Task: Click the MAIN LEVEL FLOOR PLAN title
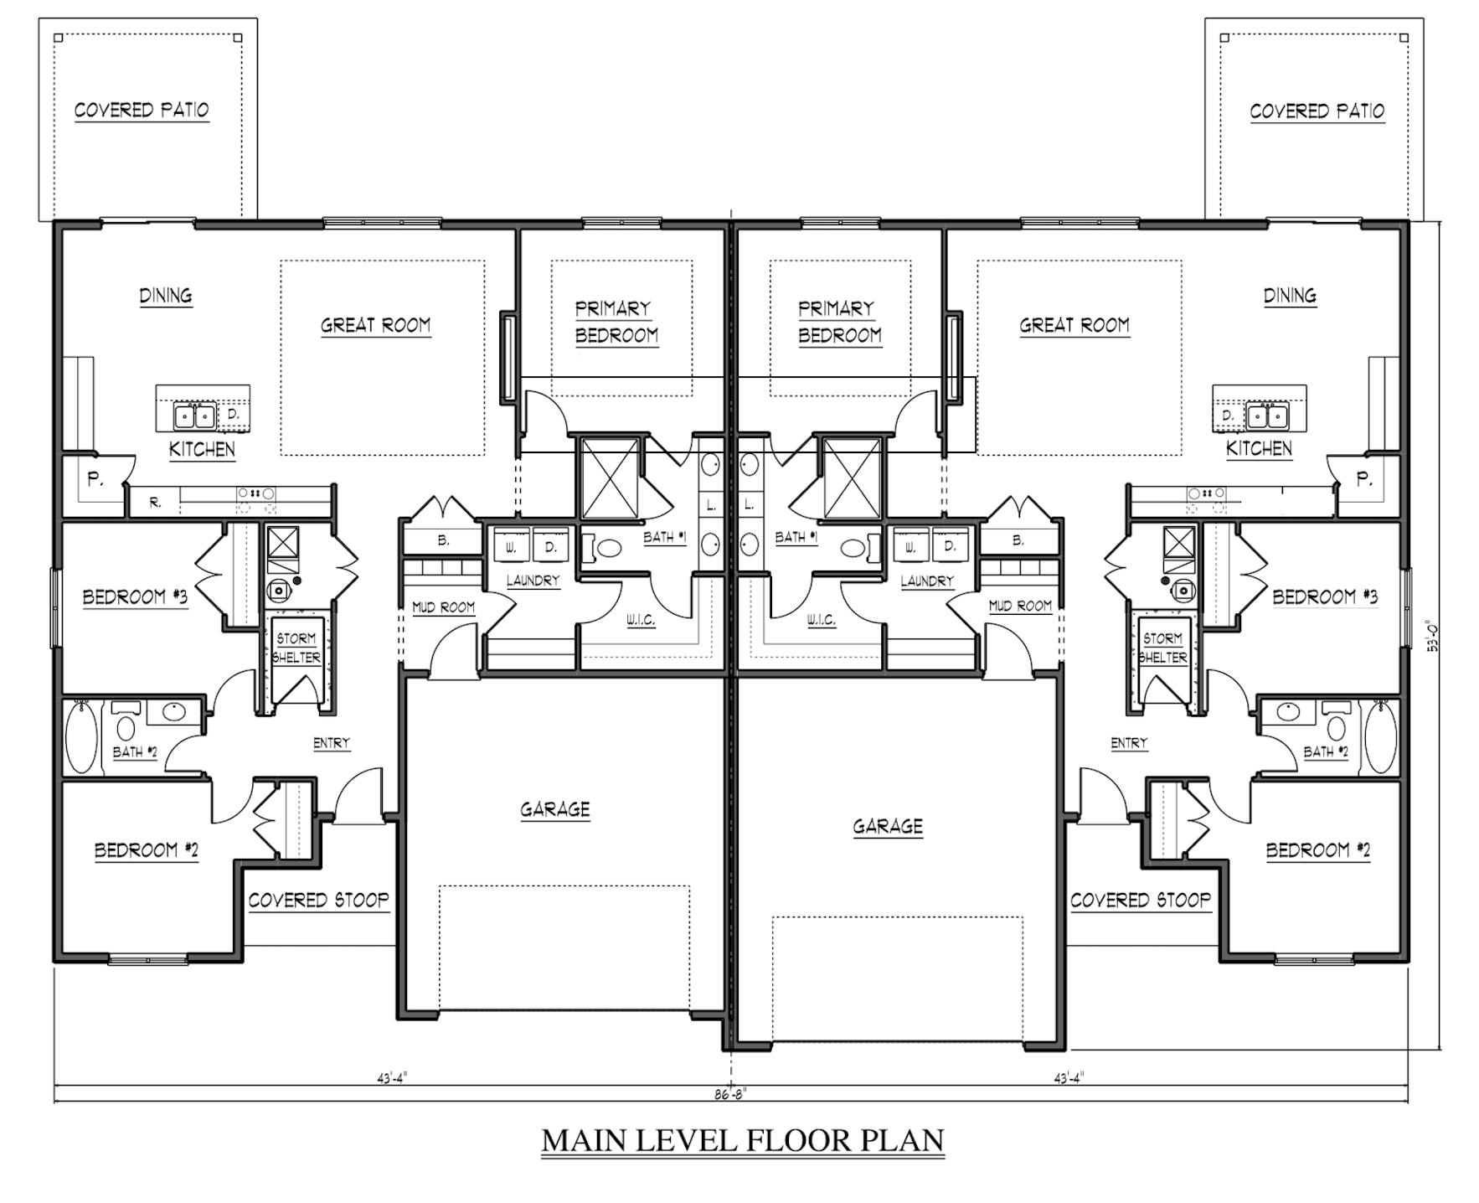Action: (743, 1140)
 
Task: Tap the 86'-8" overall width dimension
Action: (729, 1094)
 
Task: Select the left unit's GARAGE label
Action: (555, 809)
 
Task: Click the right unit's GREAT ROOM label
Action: (1074, 325)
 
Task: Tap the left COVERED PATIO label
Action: (142, 110)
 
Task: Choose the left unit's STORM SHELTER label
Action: (296, 648)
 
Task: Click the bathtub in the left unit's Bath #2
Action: (81, 738)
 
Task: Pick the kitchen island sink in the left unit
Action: (194, 415)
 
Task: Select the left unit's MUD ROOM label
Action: (443, 607)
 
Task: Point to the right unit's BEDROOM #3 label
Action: (1325, 596)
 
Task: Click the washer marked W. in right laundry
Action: (910, 546)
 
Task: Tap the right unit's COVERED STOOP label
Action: (1141, 900)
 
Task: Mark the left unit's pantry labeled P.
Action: (95, 480)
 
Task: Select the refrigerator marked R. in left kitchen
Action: (155, 503)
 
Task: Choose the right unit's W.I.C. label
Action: (821, 620)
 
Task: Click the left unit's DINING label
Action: (165, 295)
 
